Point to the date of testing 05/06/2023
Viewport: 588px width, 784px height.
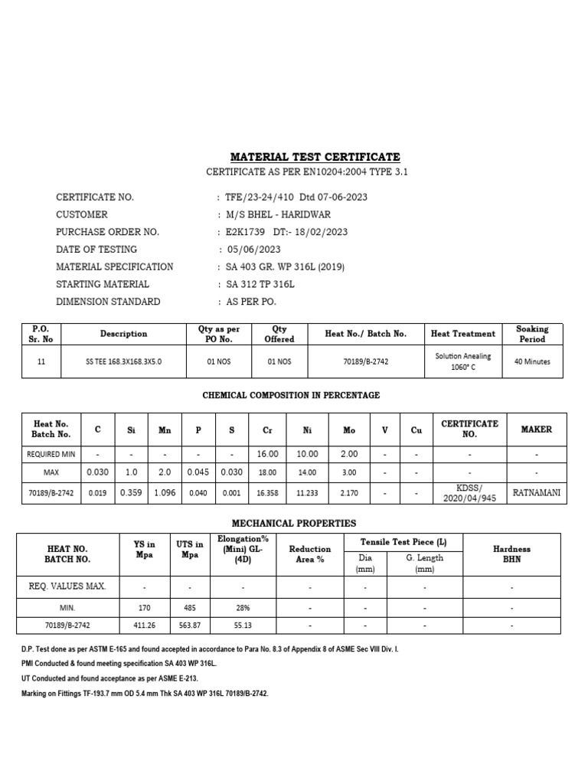(x=253, y=249)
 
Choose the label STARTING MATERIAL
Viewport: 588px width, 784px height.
(x=103, y=284)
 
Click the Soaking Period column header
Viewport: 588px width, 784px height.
(x=532, y=334)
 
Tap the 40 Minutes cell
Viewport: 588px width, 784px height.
(x=532, y=361)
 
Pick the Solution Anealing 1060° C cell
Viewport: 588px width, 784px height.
(x=463, y=361)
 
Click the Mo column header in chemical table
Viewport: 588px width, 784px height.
(x=349, y=430)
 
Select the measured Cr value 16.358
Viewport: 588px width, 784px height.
(x=268, y=493)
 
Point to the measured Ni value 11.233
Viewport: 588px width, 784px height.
(x=309, y=493)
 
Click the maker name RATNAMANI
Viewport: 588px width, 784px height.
(x=536, y=493)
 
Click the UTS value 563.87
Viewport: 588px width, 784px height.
(x=189, y=625)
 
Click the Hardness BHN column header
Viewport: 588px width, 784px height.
(x=511, y=554)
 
